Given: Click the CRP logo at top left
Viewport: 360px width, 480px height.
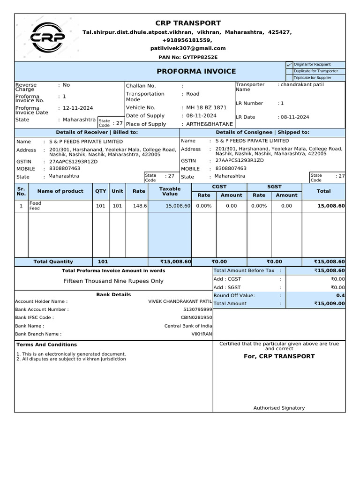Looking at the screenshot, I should coord(47,38).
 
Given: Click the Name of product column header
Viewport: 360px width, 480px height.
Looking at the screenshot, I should coord(60,191).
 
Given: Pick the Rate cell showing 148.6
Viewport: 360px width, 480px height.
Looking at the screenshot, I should coord(140,206).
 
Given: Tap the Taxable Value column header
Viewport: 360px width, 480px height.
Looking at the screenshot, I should coord(170,191).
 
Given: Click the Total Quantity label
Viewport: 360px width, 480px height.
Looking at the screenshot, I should coord(53,262).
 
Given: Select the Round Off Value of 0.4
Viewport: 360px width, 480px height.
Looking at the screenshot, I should coord(340,295).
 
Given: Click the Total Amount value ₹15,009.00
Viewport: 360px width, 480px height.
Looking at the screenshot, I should coord(330,304).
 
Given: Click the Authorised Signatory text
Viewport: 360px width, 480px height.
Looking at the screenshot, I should coord(279,408).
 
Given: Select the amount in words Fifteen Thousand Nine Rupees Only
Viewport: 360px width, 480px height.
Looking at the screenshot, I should coord(113,281).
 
